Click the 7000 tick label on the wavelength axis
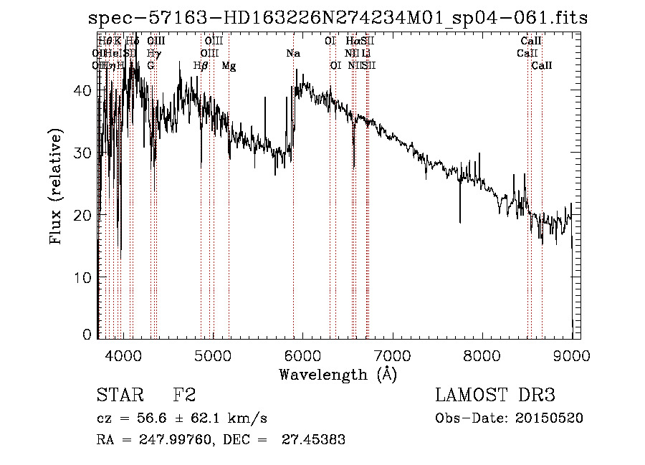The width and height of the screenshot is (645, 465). pyautogui.click(x=391, y=355)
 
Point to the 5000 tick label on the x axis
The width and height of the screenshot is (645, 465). pyautogui.click(x=212, y=355)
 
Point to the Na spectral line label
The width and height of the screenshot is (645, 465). pyautogui.click(x=293, y=54)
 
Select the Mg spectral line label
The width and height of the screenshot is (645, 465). pyautogui.click(x=229, y=66)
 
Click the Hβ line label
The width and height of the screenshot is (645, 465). pyautogui.click(x=201, y=66)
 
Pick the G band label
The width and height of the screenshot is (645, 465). pyautogui.click(x=150, y=66)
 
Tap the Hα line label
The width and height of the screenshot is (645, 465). pyautogui.click(x=353, y=42)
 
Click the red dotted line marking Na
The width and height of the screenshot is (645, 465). pyautogui.click(x=293, y=215)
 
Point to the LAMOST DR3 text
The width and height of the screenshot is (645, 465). pyautogui.click(x=495, y=396)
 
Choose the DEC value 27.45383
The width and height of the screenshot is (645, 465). pyautogui.click(x=315, y=440)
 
